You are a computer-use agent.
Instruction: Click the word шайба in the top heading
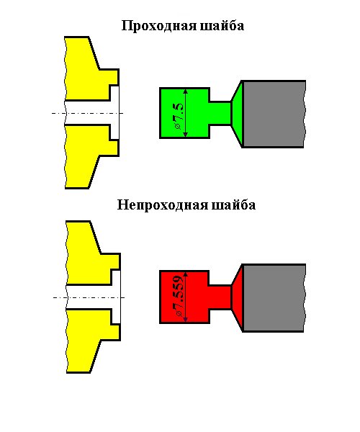pos(222,26)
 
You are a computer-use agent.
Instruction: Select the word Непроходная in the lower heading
pos(163,205)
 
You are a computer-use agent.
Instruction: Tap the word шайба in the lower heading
pos(233,205)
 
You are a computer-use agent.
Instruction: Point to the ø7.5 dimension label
pos(179,116)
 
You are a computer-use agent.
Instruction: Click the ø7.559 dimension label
pos(179,295)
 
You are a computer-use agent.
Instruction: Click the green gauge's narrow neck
pos(220,113)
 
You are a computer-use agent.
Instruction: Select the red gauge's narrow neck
pos(220,297)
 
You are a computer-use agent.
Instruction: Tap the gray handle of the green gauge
pos(274,114)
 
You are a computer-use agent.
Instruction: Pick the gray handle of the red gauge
pos(274,298)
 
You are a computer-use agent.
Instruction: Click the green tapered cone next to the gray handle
pos(237,114)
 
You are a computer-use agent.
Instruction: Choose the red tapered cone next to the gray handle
pos(237,297)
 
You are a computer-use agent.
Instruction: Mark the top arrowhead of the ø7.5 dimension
pos(185,91)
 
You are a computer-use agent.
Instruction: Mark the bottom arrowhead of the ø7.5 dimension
pos(185,135)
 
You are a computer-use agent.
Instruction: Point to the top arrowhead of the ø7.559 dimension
pos(185,274)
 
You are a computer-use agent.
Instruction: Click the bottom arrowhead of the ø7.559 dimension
pos(185,319)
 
